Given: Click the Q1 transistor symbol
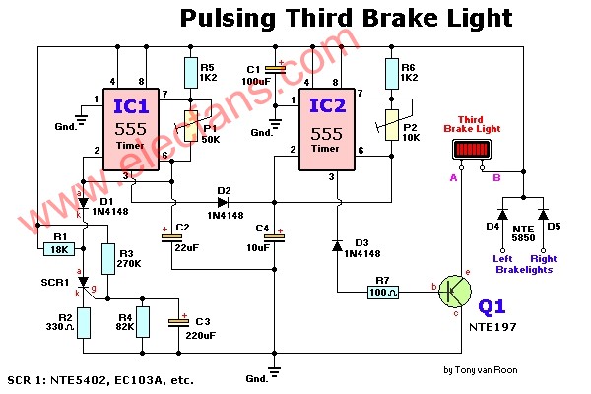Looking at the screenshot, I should tap(455, 291).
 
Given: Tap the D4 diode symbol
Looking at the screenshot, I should tap(500, 213).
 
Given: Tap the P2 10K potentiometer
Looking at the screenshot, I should tap(393, 125).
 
